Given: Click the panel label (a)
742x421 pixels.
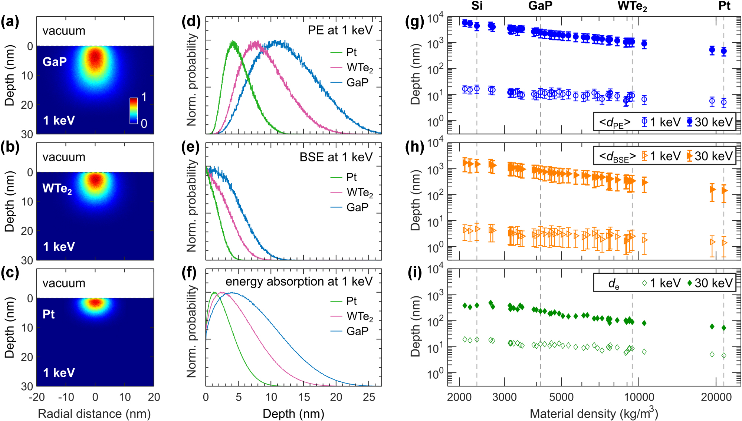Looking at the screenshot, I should (x=10, y=22).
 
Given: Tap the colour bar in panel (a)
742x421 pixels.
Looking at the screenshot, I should (x=134, y=110).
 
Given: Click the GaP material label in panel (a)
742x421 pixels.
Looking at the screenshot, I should (x=55, y=62).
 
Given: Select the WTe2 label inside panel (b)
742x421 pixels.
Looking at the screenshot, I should (x=57, y=188).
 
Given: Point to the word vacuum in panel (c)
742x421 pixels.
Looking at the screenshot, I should (x=64, y=283).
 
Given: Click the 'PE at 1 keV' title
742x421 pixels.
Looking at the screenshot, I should (x=340, y=30).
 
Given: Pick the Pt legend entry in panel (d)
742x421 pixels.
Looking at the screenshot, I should (x=351, y=52).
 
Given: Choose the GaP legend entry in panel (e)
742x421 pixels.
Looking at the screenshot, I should (x=357, y=207).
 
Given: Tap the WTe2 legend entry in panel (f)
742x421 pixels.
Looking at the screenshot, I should (x=359, y=316).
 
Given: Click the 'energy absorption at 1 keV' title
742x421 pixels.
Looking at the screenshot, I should (x=299, y=282).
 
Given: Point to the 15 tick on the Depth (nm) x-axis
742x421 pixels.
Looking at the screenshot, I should (x=304, y=397).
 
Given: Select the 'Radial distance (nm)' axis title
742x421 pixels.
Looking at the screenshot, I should (x=94, y=414).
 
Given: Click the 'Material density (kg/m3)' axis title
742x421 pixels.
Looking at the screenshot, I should (x=594, y=413).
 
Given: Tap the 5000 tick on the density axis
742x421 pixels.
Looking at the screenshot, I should (x=561, y=397).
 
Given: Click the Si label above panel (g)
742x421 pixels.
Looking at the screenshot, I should (x=477, y=6).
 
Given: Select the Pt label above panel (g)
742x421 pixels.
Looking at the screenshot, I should (x=724, y=6).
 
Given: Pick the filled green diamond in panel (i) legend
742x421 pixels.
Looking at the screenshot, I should (x=689, y=283).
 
